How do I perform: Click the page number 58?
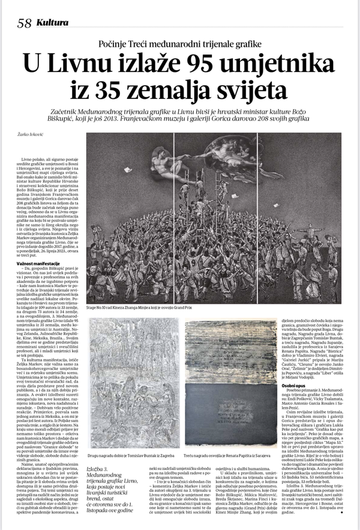(24, 24)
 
